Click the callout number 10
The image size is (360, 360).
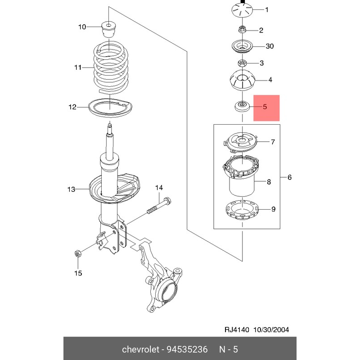click(82, 27)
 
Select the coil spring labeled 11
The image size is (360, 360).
click(110, 67)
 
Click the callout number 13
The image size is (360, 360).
click(72, 189)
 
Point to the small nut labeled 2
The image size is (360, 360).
click(242, 30)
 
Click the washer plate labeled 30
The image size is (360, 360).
click(242, 46)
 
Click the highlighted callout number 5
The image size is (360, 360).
click(265, 108)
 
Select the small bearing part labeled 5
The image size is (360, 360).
click(242, 107)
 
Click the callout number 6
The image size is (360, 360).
click(289, 178)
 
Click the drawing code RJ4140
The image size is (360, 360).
click(238, 329)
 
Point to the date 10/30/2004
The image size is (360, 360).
click(271, 329)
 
